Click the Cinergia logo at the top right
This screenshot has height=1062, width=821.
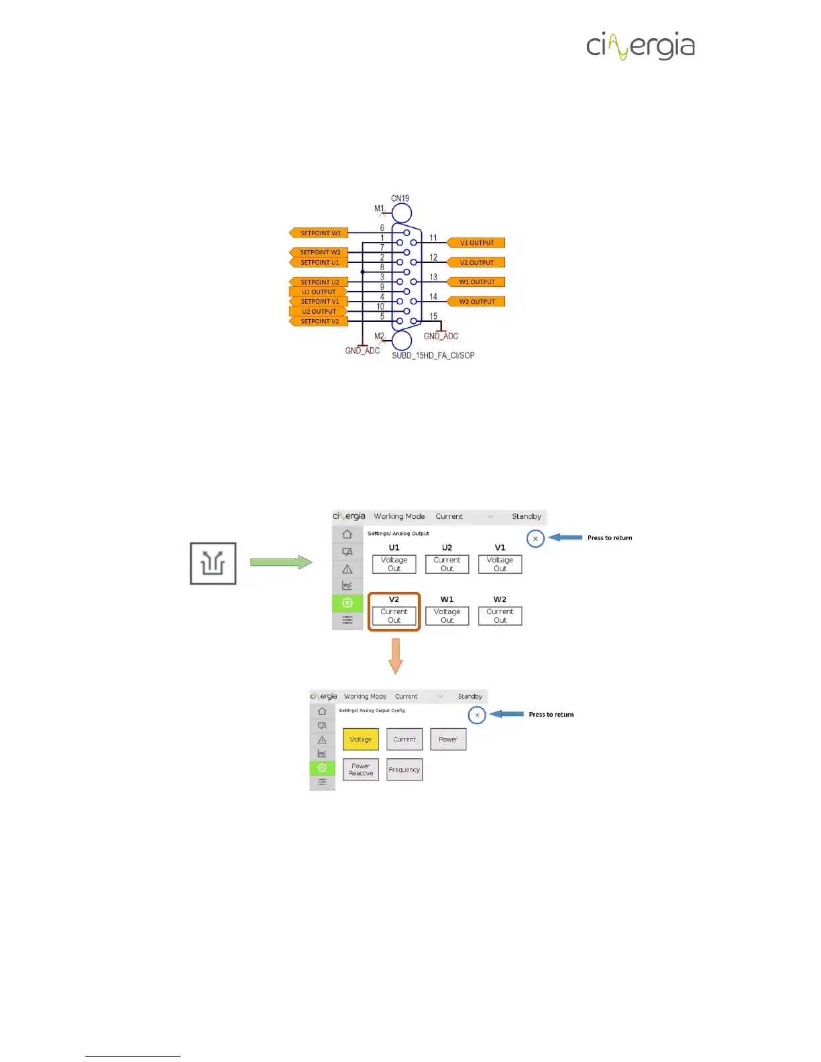pyautogui.click(x=641, y=46)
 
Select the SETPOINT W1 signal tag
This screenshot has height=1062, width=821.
pyautogui.click(x=319, y=233)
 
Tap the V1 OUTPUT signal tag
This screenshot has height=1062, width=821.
pyautogui.click(x=476, y=243)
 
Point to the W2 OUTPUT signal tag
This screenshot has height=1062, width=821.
pyautogui.click(x=476, y=302)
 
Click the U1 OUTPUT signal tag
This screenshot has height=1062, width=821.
pyautogui.click(x=318, y=292)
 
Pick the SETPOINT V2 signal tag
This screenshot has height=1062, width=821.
pyautogui.click(x=319, y=321)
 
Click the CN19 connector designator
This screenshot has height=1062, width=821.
pyautogui.click(x=400, y=198)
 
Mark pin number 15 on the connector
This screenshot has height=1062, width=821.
pyautogui.click(x=433, y=316)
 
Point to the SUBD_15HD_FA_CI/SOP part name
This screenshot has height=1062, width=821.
pyautogui.click(x=433, y=355)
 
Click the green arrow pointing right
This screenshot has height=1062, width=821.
pyautogui.click(x=280, y=563)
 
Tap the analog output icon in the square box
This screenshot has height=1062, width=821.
pyautogui.click(x=213, y=563)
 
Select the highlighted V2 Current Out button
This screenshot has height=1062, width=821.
pyautogui.click(x=394, y=615)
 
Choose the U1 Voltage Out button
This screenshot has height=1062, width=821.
pyautogui.click(x=394, y=564)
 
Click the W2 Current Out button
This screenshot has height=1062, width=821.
pyautogui.click(x=500, y=615)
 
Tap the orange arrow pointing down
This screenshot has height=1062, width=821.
pyautogui.click(x=396, y=656)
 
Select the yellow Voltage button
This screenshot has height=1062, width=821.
pyautogui.click(x=360, y=740)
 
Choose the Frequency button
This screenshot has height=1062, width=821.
pyautogui.click(x=404, y=770)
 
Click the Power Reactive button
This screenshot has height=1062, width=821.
pyautogui.click(x=360, y=770)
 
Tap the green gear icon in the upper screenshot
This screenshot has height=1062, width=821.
pyautogui.click(x=347, y=603)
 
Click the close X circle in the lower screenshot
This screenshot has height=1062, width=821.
pyautogui.click(x=477, y=715)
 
